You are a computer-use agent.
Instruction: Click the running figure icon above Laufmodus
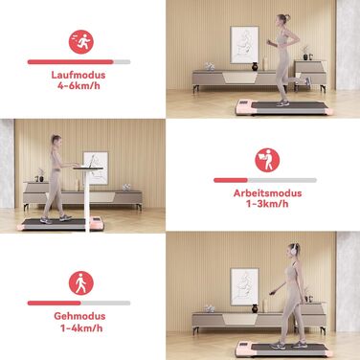coord(81,42)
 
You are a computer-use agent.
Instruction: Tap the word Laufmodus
coord(79,75)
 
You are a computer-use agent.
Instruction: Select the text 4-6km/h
coord(79,86)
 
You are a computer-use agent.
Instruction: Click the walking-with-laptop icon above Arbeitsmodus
coord(267,160)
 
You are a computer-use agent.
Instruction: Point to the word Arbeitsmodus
coord(267,193)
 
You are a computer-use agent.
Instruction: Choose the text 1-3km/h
coord(267,204)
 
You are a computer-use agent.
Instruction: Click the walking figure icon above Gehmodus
coord(81,283)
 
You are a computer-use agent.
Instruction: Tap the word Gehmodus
coord(79,316)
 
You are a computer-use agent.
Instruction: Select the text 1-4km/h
coord(81,328)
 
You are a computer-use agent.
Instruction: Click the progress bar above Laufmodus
coord(79,62)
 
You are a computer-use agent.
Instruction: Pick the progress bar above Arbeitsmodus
coord(265,180)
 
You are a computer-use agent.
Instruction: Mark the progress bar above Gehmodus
coord(79,304)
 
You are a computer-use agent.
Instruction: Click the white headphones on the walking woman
coord(294,250)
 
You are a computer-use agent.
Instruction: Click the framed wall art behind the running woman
coord(244,45)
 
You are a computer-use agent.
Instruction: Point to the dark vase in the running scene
coord(255,66)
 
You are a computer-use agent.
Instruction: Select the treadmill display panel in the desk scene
coord(96,220)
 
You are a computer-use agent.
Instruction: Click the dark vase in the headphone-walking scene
coord(255,308)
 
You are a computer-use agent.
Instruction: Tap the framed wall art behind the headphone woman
coord(244,287)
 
